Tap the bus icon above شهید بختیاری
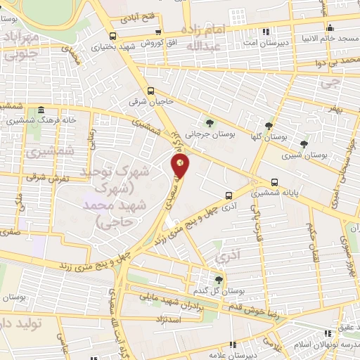pos(112,36)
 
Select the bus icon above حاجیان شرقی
pos(150,90)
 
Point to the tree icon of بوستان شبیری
pos(304,143)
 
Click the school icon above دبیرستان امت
pos(264,32)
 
